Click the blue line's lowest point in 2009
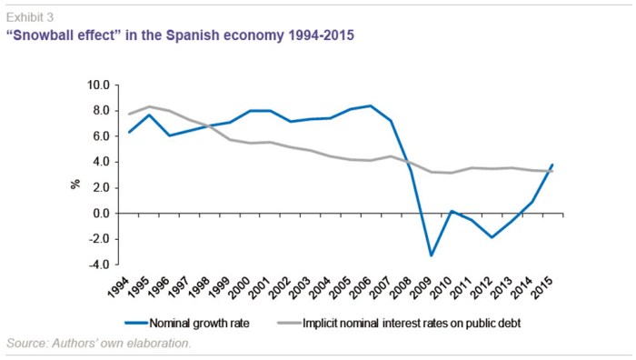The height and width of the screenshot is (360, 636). tap(431, 255)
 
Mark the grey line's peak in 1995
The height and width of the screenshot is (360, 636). tap(151, 106)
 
